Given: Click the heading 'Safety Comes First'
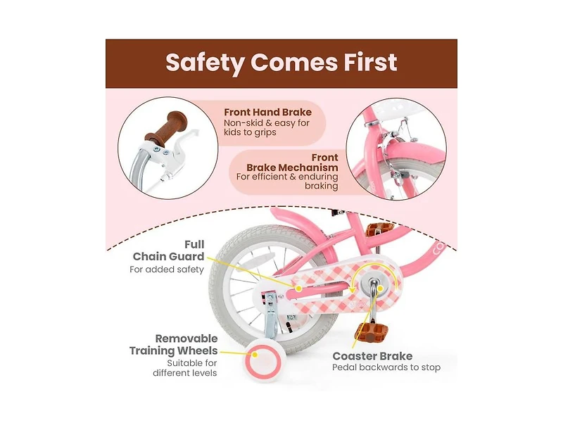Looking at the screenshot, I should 281,63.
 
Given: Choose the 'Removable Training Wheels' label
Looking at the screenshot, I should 174,345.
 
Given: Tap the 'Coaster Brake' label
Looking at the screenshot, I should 372,356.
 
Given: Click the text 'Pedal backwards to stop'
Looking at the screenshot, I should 386,368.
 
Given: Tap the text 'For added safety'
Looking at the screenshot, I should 167,270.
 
